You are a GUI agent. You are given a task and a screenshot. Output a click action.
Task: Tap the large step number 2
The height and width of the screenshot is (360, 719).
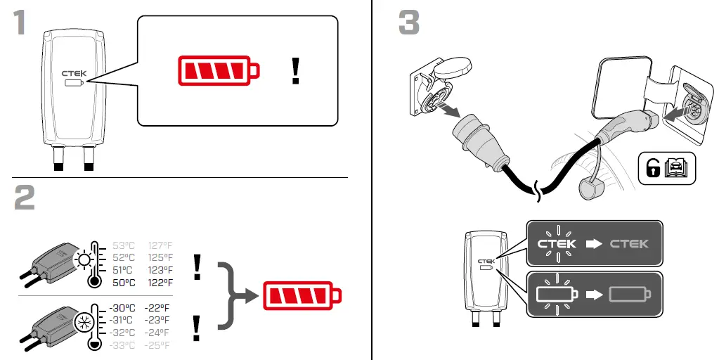coord(25,198)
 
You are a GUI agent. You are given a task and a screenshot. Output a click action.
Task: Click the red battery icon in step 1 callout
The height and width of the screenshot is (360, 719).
coord(218,71)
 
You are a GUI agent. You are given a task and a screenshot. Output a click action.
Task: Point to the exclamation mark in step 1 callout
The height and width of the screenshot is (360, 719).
coord(296,72)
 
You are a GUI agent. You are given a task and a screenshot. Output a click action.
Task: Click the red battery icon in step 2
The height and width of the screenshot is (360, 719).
coord(302,296)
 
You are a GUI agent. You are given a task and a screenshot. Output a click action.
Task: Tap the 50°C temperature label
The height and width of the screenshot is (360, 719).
coord(123,283)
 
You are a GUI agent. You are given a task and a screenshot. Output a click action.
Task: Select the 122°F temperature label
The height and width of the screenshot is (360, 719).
coord(160,283)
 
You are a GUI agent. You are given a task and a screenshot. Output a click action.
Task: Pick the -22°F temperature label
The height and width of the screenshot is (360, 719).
coord(157,308)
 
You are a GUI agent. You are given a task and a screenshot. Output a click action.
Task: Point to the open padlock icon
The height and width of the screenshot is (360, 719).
coord(652,167)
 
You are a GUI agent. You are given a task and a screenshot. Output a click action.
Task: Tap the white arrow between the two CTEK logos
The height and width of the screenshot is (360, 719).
coord(595,244)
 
